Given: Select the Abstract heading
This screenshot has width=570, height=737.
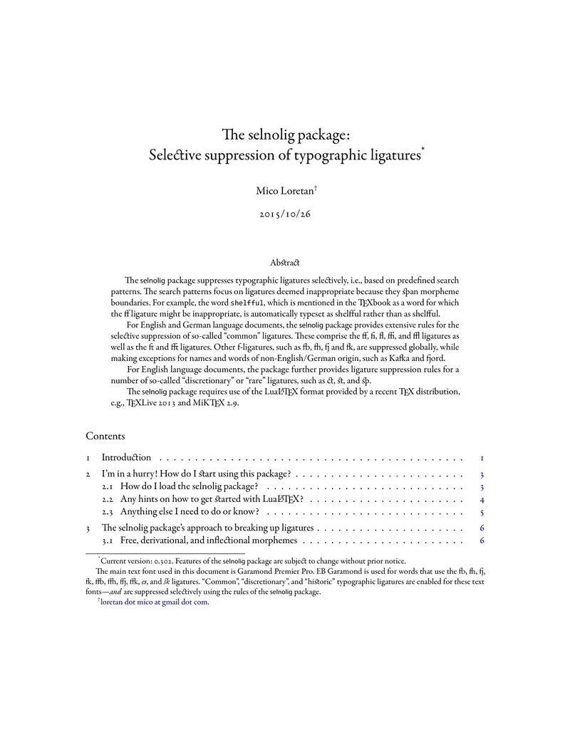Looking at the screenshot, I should point(285,263).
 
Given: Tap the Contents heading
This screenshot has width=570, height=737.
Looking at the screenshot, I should point(105,436).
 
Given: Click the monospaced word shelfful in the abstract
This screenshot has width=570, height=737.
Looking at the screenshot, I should point(250,302).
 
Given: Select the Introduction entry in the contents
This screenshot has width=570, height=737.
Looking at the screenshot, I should point(126,457).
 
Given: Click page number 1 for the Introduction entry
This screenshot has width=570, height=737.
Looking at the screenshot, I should point(482,457).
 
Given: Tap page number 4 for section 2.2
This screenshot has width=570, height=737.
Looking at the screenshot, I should point(482,499).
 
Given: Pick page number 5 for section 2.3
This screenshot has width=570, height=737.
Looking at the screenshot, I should point(482,512).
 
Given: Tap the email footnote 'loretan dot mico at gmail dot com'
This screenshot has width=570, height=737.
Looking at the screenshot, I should point(155,602).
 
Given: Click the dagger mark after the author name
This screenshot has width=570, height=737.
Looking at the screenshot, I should point(316,187).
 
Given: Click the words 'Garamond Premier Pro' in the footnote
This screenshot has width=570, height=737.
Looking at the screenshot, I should point(274,571).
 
